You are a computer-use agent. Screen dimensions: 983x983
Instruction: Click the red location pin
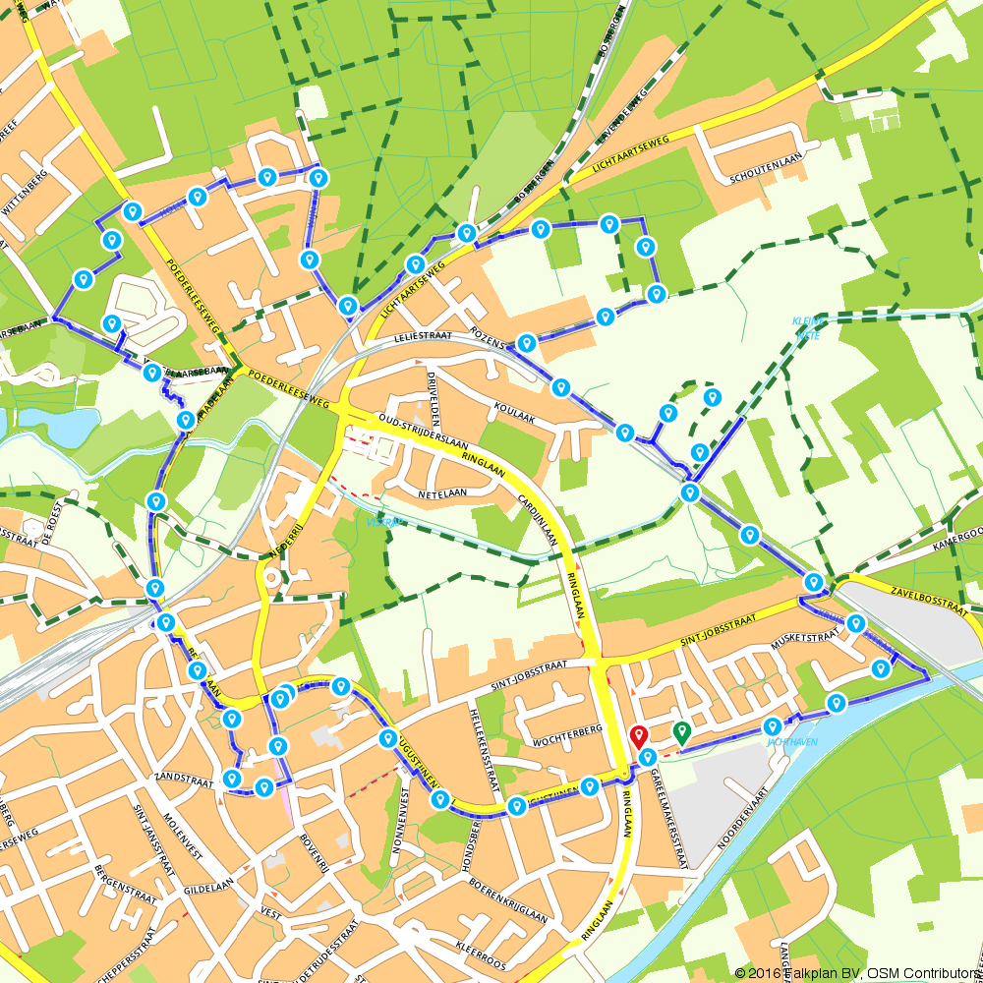[638, 736]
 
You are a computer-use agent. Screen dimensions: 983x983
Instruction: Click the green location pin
[680, 731]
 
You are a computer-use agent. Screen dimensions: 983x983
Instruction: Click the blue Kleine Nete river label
[806, 327]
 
